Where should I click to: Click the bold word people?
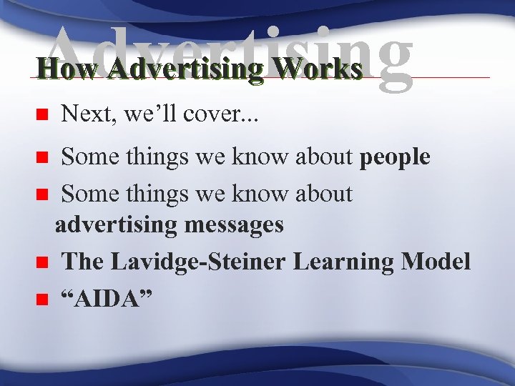[x=396, y=157]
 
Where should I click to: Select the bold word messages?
[x=234, y=224]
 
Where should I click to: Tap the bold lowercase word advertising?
[x=116, y=224]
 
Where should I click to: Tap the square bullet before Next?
[x=42, y=114]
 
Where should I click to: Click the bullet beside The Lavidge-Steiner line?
[x=42, y=263]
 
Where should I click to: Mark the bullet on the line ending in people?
[x=42, y=157]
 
